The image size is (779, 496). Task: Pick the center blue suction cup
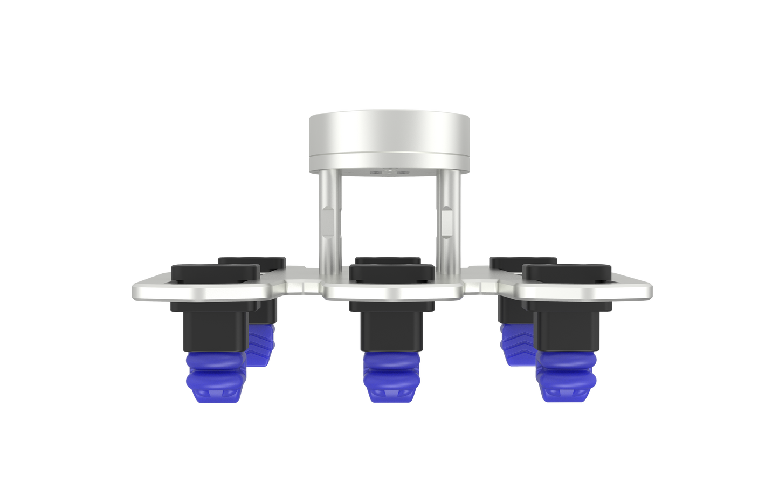click(x=390, y=377)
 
